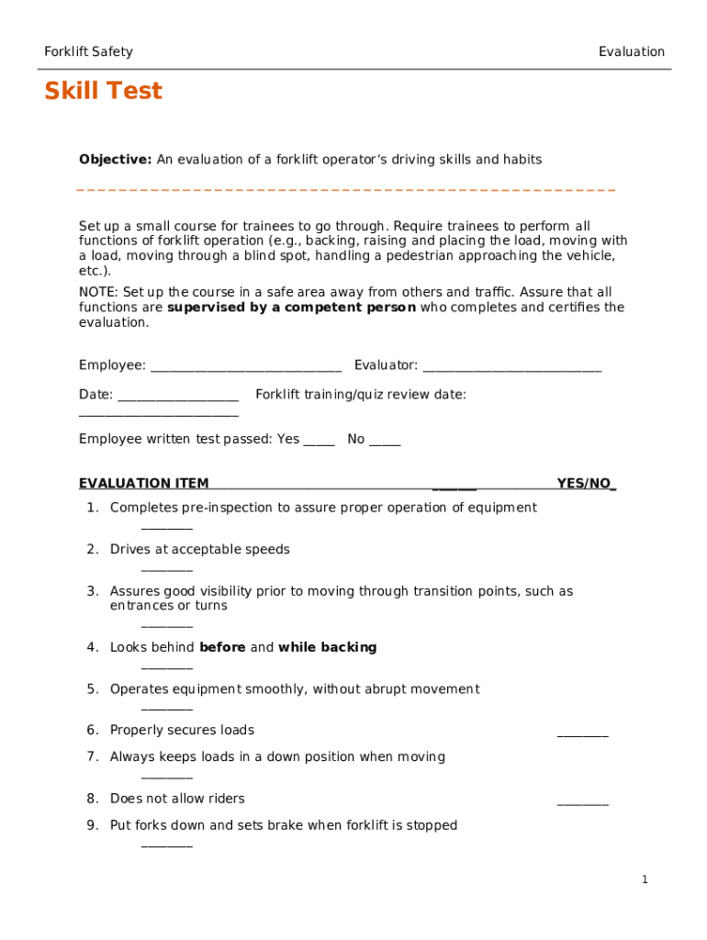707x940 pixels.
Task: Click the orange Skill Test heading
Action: [103, 92]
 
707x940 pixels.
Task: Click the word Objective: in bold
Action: [115, 160]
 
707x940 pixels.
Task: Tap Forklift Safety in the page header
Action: [88, 52]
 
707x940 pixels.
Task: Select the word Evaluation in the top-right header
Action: [631, 52]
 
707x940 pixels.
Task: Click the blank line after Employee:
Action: [245, 367]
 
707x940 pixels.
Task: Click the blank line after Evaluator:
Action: [511, 367]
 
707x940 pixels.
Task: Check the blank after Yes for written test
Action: [319, 441]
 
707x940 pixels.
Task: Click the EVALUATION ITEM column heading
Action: [143, 484]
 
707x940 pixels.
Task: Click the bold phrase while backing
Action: [327, 648]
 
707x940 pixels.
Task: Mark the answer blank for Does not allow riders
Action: [582, 801]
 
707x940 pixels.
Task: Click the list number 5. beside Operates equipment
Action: [93, 689]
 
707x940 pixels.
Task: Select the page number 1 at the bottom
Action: [645, 880]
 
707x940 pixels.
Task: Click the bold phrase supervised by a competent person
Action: [291, 308]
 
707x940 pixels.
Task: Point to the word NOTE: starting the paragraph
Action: [98, 293]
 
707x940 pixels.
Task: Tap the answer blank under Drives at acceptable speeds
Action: [167, 568]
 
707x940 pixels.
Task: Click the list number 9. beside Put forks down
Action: [93, 826]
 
